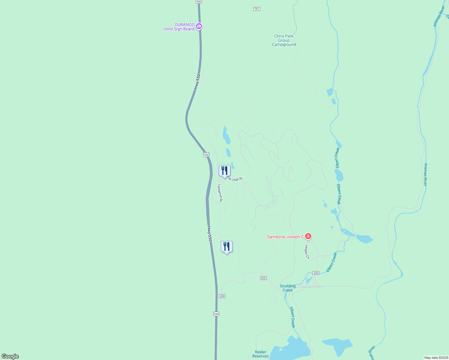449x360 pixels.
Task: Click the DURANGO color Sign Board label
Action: [179, 27]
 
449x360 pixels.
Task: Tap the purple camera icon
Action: [199, 26]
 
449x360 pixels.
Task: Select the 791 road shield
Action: [257, 9]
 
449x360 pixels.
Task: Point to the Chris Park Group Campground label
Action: [284, 40]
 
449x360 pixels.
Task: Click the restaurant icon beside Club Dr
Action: [224, 171]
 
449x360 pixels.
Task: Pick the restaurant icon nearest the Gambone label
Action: [227, 247]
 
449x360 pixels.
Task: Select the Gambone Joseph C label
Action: [285, 237]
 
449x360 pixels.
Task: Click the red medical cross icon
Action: [308, 236]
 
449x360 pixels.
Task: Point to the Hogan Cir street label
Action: [307, 252]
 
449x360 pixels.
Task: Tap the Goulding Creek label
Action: [288, 288]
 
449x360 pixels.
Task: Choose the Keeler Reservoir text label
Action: [261, 354]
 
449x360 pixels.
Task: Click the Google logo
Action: [10, 356]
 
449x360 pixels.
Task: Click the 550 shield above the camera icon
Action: [199, 1]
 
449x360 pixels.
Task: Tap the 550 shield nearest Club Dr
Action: [206, 154]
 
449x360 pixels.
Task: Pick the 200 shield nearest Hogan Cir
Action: [315, 273]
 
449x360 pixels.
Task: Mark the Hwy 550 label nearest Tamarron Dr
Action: [209, 234]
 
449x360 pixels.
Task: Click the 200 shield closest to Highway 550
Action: [222, 296]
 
